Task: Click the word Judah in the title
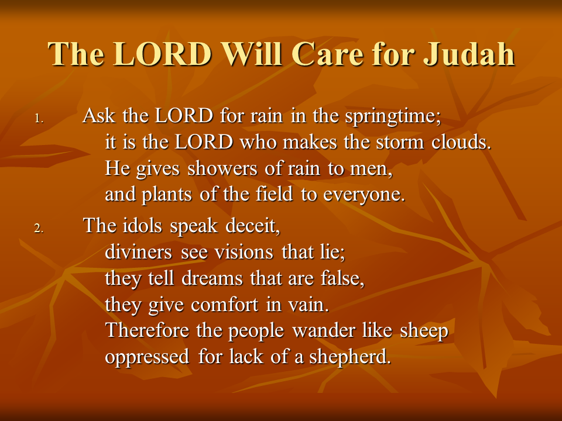tap(469, 54)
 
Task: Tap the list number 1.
tap(39, 119)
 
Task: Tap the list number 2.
tap(39, 228)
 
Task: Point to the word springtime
tap(393, 117)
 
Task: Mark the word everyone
tap(364, 195)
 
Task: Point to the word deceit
tap(253, 226)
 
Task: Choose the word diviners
tap(138, 251)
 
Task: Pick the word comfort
tap(224, 305)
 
